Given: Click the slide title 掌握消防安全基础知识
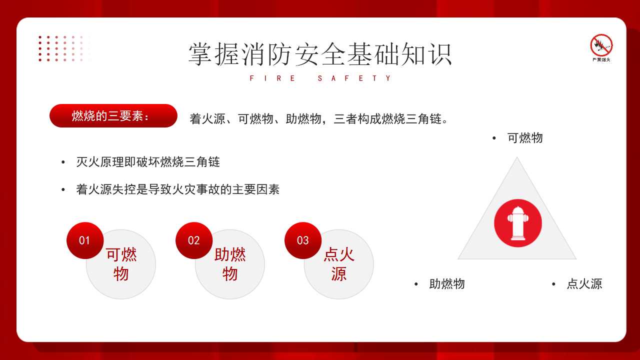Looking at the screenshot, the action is point(320,54).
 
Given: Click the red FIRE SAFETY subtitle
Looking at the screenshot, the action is point(320,78).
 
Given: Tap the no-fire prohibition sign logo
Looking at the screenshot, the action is point(601,47).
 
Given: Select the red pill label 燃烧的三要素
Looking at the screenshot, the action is point(113,115).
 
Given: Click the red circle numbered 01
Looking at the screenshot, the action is point(85,240).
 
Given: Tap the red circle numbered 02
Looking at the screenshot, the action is point(194,240).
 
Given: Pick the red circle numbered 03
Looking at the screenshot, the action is point(303,240).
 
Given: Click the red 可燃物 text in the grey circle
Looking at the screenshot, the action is point(121,264).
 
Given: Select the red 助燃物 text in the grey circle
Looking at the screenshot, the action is point(230,264).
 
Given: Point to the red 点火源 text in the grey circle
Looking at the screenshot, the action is point(339,264).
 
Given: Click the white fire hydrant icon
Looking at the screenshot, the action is point(518,223).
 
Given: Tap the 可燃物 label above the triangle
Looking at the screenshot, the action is point(525,138).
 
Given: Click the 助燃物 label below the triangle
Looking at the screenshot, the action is point(447,284).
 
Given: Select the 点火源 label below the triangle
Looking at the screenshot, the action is point(584,284).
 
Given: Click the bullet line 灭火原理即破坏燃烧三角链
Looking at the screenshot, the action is point(148,162).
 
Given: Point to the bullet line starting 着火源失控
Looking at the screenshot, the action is point(177,189).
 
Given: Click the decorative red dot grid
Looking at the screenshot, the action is point(65,48).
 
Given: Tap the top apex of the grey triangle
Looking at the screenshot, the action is point(517,157).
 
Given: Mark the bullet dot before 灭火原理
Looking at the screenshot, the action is point(63,162).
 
